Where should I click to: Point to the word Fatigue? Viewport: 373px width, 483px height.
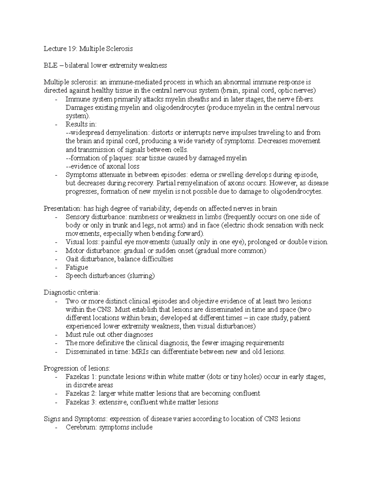[77, 267]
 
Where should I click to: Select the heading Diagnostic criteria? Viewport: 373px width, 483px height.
[72, 293]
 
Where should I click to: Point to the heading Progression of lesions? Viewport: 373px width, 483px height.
[77, 369]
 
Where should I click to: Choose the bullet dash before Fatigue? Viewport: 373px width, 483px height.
[56, 267]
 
